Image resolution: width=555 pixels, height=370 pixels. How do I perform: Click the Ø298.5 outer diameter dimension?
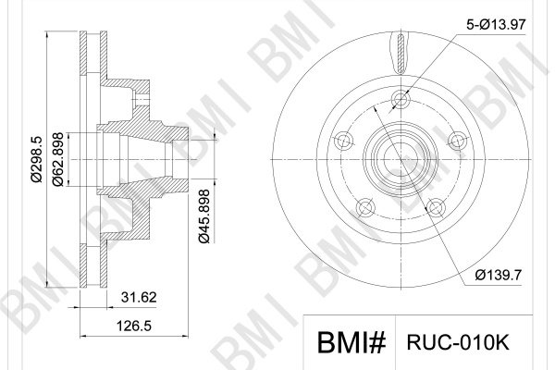(x=36, y=159)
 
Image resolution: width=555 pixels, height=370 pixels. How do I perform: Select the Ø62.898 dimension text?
(x=57, y=159)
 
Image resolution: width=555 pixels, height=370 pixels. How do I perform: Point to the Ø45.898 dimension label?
(x=204, y=216)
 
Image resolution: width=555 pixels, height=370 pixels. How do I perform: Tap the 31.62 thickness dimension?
(x=139, y=298)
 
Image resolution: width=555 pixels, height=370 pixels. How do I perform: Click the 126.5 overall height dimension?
(x=134, y=326)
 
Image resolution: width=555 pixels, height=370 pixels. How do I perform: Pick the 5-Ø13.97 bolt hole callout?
(x=496, y=25)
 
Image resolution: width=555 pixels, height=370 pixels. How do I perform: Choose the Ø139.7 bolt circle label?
(x=499, y=275)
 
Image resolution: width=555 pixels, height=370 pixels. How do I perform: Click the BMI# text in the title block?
(x=351, y=342)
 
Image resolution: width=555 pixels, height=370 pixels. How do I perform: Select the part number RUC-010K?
(x=458, y=342)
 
